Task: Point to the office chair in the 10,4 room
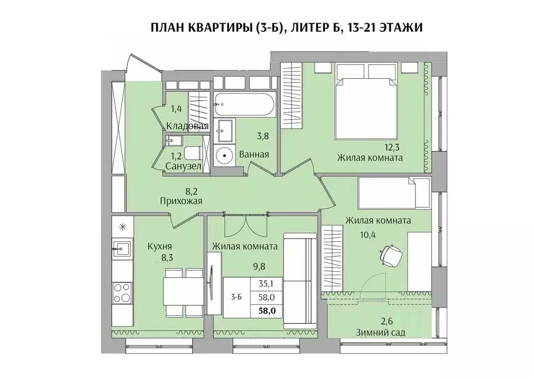coord(391,255)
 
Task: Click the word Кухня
coord(160,246)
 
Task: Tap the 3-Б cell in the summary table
coord(236,297)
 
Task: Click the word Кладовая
coord(188,126)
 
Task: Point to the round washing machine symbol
coord(224,155)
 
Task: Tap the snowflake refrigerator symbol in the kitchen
coord(122,226)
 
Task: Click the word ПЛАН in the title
coord(167,27)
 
